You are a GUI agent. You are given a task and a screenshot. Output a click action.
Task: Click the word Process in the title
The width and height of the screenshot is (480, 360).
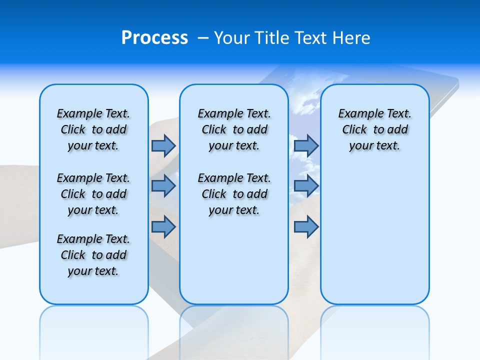coord(154,38)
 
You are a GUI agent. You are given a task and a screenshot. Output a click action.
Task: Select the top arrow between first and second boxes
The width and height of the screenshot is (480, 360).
coord(163,145)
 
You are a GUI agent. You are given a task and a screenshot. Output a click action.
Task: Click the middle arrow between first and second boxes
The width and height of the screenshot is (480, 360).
coord(163,186)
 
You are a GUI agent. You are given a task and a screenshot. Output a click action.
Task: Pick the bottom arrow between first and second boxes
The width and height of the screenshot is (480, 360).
coord(163,227)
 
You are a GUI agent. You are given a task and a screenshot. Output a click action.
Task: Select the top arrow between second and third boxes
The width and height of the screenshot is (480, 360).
coord(306,145)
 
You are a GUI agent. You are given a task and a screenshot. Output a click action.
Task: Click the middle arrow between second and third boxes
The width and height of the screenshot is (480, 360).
coord(306,186)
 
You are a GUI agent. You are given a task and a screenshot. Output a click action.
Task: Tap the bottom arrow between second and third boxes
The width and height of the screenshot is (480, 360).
coord(306,227)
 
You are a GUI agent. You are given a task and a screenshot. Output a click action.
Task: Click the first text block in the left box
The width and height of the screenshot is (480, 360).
coord(93,129)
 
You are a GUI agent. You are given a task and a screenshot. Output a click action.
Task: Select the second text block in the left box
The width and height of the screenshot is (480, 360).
coord(93,194)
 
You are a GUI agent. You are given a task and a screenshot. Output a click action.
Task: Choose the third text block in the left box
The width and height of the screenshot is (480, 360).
coord(93,255)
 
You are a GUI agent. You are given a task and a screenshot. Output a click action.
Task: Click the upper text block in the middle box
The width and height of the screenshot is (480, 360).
coord(234,129)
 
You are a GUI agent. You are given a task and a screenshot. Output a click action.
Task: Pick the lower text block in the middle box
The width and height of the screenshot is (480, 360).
coord(234,194)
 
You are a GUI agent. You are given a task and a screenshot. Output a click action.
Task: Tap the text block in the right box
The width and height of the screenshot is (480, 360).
coord(374,129)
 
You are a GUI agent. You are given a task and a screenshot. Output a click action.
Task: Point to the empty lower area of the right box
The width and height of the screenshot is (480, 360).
coord(374,235)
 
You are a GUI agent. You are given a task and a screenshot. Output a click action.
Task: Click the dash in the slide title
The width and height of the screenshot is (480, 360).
coord(203,38)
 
